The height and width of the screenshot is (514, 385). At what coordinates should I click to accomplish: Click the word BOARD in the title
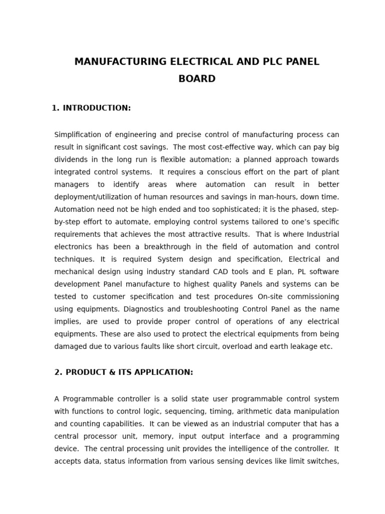[197, 79]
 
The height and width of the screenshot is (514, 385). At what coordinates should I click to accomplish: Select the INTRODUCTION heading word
[97, 108]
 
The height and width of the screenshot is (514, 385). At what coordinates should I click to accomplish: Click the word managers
[71, 184]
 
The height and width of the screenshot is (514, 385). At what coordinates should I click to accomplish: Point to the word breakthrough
[168, 246]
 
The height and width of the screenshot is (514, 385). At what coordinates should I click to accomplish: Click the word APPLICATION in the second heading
[159, 372]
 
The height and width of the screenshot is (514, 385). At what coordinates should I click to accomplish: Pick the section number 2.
[58, 372]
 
